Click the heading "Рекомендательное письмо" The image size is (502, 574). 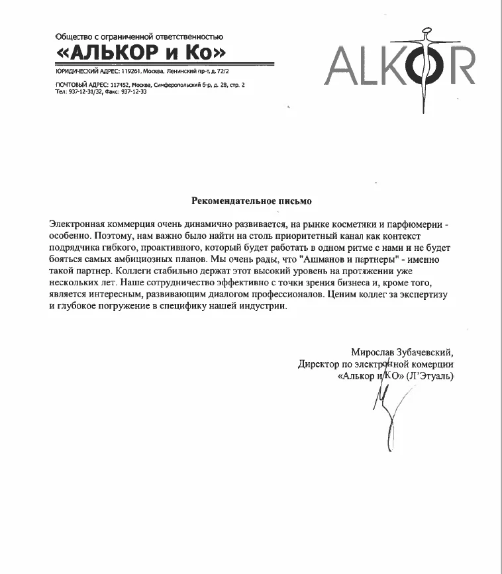pos(251,199)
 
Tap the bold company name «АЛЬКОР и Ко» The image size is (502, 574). pos(141,52)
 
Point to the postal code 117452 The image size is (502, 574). pos(117,85)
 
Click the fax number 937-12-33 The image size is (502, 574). pos(134,91)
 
